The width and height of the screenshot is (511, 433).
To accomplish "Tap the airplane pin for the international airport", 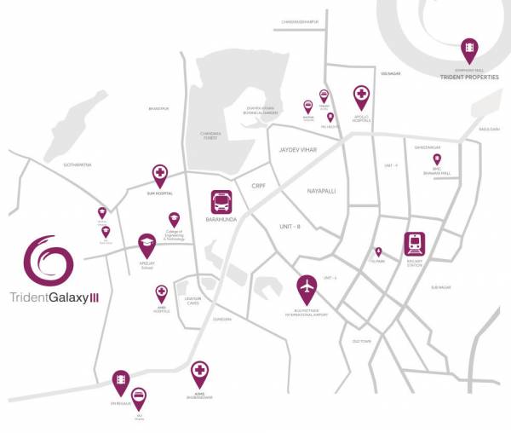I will point(307,286).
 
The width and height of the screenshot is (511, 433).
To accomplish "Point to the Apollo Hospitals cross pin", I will point(361,95).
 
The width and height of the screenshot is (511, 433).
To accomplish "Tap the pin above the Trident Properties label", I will point(468,49).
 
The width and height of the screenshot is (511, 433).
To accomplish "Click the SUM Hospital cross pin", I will point(159,176).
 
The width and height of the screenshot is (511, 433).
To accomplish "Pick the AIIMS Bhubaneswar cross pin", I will point(199,372).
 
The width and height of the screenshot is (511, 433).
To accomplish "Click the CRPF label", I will point(260,185).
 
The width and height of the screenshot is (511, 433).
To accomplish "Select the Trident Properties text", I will point(468,78).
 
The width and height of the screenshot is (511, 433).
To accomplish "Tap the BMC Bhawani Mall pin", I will point(437,159).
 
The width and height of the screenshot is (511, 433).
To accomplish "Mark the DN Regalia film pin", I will point(121,379).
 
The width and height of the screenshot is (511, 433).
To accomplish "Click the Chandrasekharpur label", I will point(304,23).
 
